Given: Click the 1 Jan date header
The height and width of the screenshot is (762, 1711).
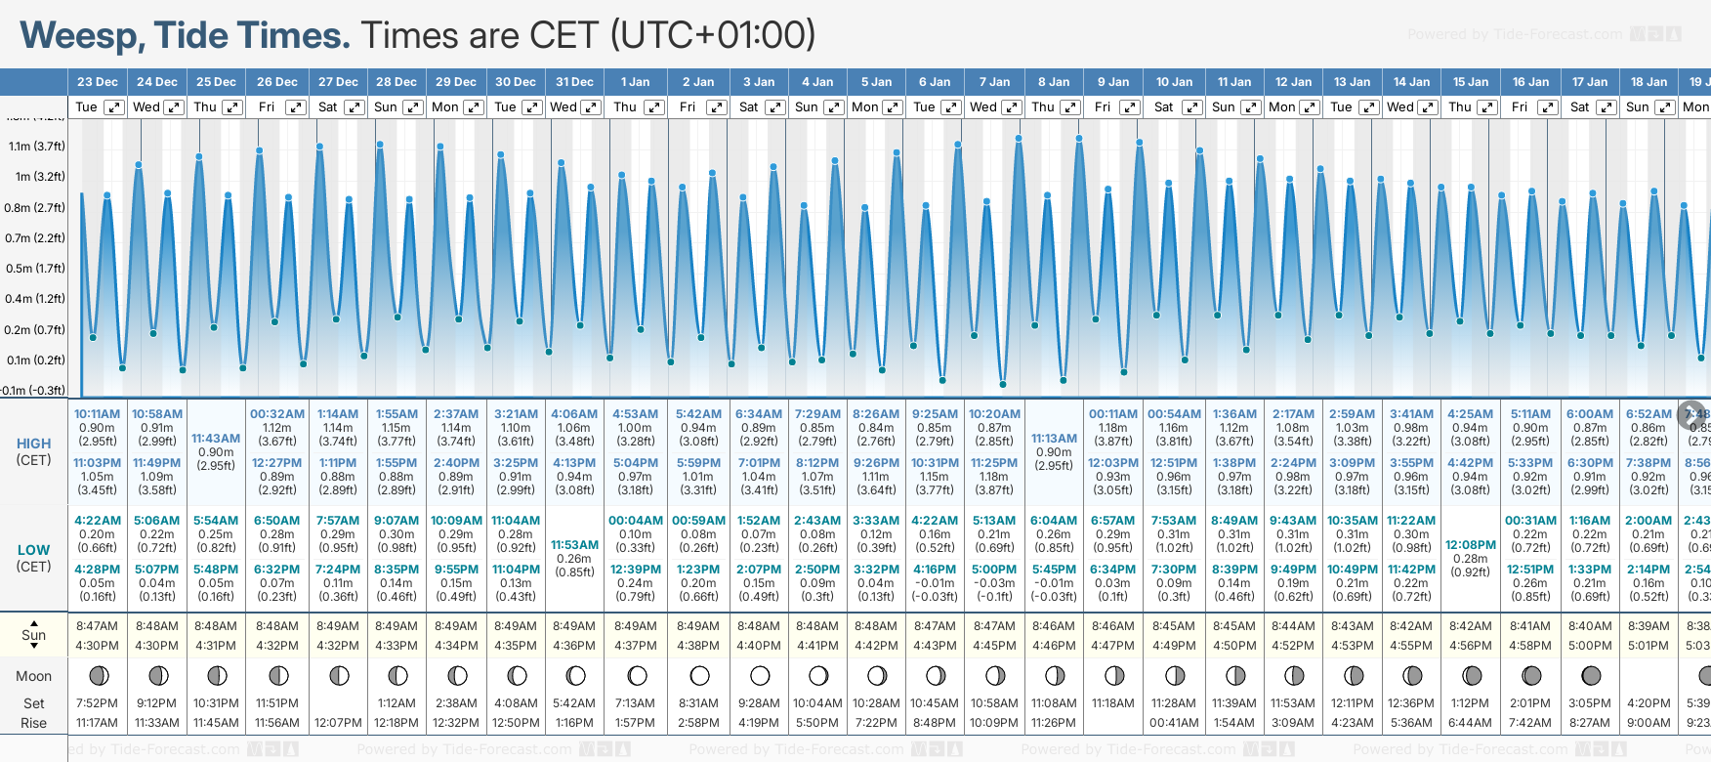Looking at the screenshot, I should [635, 82].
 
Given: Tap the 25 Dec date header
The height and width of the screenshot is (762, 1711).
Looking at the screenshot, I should [216, 82].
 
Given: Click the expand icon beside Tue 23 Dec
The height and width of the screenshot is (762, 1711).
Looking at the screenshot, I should [114, 107].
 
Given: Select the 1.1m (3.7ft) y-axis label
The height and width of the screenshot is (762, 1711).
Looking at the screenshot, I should [37, 147].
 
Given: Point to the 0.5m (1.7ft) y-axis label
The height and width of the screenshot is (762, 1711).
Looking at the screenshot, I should [35, 269].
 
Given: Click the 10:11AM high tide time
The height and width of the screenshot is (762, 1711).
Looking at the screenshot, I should [97, 414].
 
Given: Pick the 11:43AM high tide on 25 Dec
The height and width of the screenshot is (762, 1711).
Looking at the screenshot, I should [216, 439].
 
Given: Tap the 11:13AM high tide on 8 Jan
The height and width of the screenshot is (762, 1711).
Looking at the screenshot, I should [1054, 439].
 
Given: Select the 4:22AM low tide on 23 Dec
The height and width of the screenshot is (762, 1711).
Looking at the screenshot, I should [97, 521].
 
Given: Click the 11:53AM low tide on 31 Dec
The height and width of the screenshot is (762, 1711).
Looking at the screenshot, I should [574, 545].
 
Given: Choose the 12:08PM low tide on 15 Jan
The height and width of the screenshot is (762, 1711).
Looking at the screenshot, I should [1470, 545].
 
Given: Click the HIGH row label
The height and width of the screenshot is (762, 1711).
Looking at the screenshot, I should [33, 444].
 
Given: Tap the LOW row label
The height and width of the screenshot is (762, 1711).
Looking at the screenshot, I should [33, 550].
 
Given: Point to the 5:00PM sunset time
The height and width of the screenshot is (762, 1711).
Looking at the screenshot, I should [1590, 646].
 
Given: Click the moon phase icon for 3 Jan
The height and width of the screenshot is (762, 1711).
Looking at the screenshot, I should [759, 676].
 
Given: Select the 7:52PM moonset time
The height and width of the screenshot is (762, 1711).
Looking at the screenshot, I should [97, 703].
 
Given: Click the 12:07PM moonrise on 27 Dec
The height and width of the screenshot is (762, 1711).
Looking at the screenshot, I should [338, 723].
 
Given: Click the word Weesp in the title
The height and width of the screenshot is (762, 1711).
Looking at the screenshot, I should [81, 35].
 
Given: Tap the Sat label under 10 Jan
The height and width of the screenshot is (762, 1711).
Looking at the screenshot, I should [1163, 107].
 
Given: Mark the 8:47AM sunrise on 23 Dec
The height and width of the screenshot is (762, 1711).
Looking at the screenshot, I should [97, 626].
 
